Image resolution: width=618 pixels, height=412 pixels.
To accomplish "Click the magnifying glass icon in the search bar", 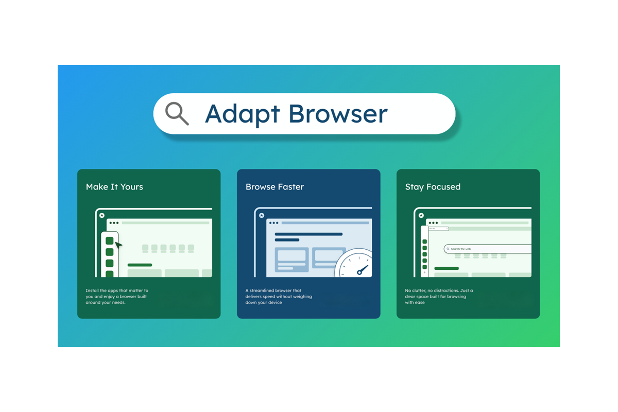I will pos(177,114).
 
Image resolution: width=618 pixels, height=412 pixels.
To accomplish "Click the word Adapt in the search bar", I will pos(242,114).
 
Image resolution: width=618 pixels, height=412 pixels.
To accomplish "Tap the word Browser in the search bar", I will pos(338,113).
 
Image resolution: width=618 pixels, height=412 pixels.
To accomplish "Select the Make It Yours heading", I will pos(114,187).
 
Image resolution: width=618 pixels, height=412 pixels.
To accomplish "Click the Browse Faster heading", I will pos(274,187).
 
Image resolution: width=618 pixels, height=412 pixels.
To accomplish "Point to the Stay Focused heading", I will pos(433,187).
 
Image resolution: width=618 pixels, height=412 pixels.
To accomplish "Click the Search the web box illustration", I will pos(487,249).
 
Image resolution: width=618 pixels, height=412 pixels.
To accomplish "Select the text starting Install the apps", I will pos(117,297).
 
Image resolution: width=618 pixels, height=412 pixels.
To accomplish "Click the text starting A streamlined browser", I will pos(279,297).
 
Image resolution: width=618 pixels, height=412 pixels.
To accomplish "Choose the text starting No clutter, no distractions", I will pos(439,297).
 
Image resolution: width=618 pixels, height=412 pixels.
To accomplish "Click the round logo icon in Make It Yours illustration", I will pos(102,215).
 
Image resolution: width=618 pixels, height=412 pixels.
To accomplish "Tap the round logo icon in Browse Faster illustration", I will pos(262,215).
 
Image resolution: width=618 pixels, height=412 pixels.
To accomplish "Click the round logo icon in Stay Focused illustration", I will pos(421,215).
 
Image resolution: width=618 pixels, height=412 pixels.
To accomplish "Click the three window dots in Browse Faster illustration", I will pos(274,223).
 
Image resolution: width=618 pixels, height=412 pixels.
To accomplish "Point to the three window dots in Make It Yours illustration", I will pos(114,223).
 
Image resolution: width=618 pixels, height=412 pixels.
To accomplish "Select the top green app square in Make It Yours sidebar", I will pos(110,241).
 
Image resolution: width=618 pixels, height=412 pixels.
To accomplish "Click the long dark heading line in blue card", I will pos(308,234).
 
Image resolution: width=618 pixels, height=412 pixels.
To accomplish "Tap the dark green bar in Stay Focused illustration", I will pos(447,268).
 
